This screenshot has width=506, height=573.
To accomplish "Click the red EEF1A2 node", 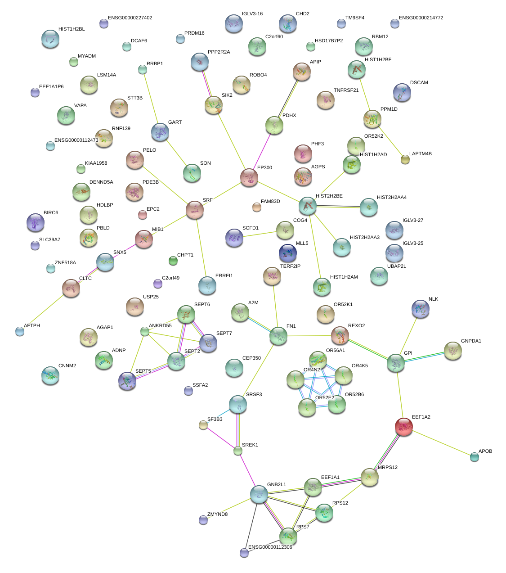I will [x=404, y=427].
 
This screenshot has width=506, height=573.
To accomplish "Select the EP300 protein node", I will [x=249, y=178].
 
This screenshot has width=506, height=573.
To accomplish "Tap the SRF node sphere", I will [x=195, y=210].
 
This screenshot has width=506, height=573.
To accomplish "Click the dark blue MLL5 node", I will [x=287, y=253].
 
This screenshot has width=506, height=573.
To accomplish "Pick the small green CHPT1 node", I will [x=173, y=261].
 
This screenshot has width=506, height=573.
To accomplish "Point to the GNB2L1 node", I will [x=259, y=494].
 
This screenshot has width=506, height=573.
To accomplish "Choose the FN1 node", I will [x=278, y=336].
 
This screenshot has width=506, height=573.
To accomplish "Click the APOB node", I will [x=475, y=457].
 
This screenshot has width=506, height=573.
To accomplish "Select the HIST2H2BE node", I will [x=308, y=206].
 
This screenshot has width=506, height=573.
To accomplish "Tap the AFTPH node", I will [x=19, y=331].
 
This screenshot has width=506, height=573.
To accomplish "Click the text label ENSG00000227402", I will [x=130, y=18].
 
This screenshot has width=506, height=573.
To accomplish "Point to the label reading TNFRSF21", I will [x=346, y=90].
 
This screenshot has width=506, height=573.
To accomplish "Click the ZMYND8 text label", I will [x=217, y=514].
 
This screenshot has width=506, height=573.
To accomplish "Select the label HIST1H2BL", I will [x=72, y=29].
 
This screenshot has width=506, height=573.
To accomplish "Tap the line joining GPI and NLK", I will [x=408, y=336].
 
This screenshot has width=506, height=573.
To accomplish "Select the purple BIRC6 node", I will [x=36, y=222].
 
